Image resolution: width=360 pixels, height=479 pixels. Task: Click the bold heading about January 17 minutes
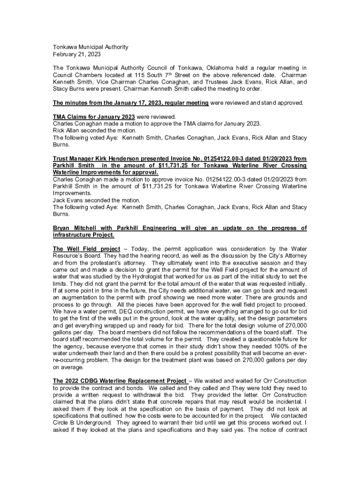coord(131,102)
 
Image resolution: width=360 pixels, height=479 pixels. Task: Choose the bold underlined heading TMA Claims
coord(94,116)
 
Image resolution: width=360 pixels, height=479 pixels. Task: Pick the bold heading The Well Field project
coord(86,249)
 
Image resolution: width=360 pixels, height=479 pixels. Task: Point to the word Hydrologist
coord(138,277)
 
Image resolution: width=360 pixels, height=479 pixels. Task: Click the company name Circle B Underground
coord(82,423)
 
